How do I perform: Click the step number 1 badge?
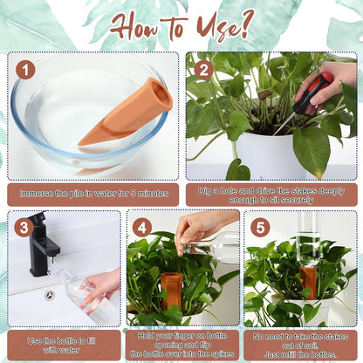point(25,69)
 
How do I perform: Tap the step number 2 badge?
point(203,69)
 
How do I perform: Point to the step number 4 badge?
point(141,228)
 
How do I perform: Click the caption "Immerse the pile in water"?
point(92,194)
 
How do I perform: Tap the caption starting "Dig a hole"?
point(271,194)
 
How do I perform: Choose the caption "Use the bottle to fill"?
point(60,345)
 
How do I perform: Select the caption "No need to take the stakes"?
point(301,345)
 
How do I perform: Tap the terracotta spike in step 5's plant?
point(309,282)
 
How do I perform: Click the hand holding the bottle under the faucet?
point(103,284)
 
